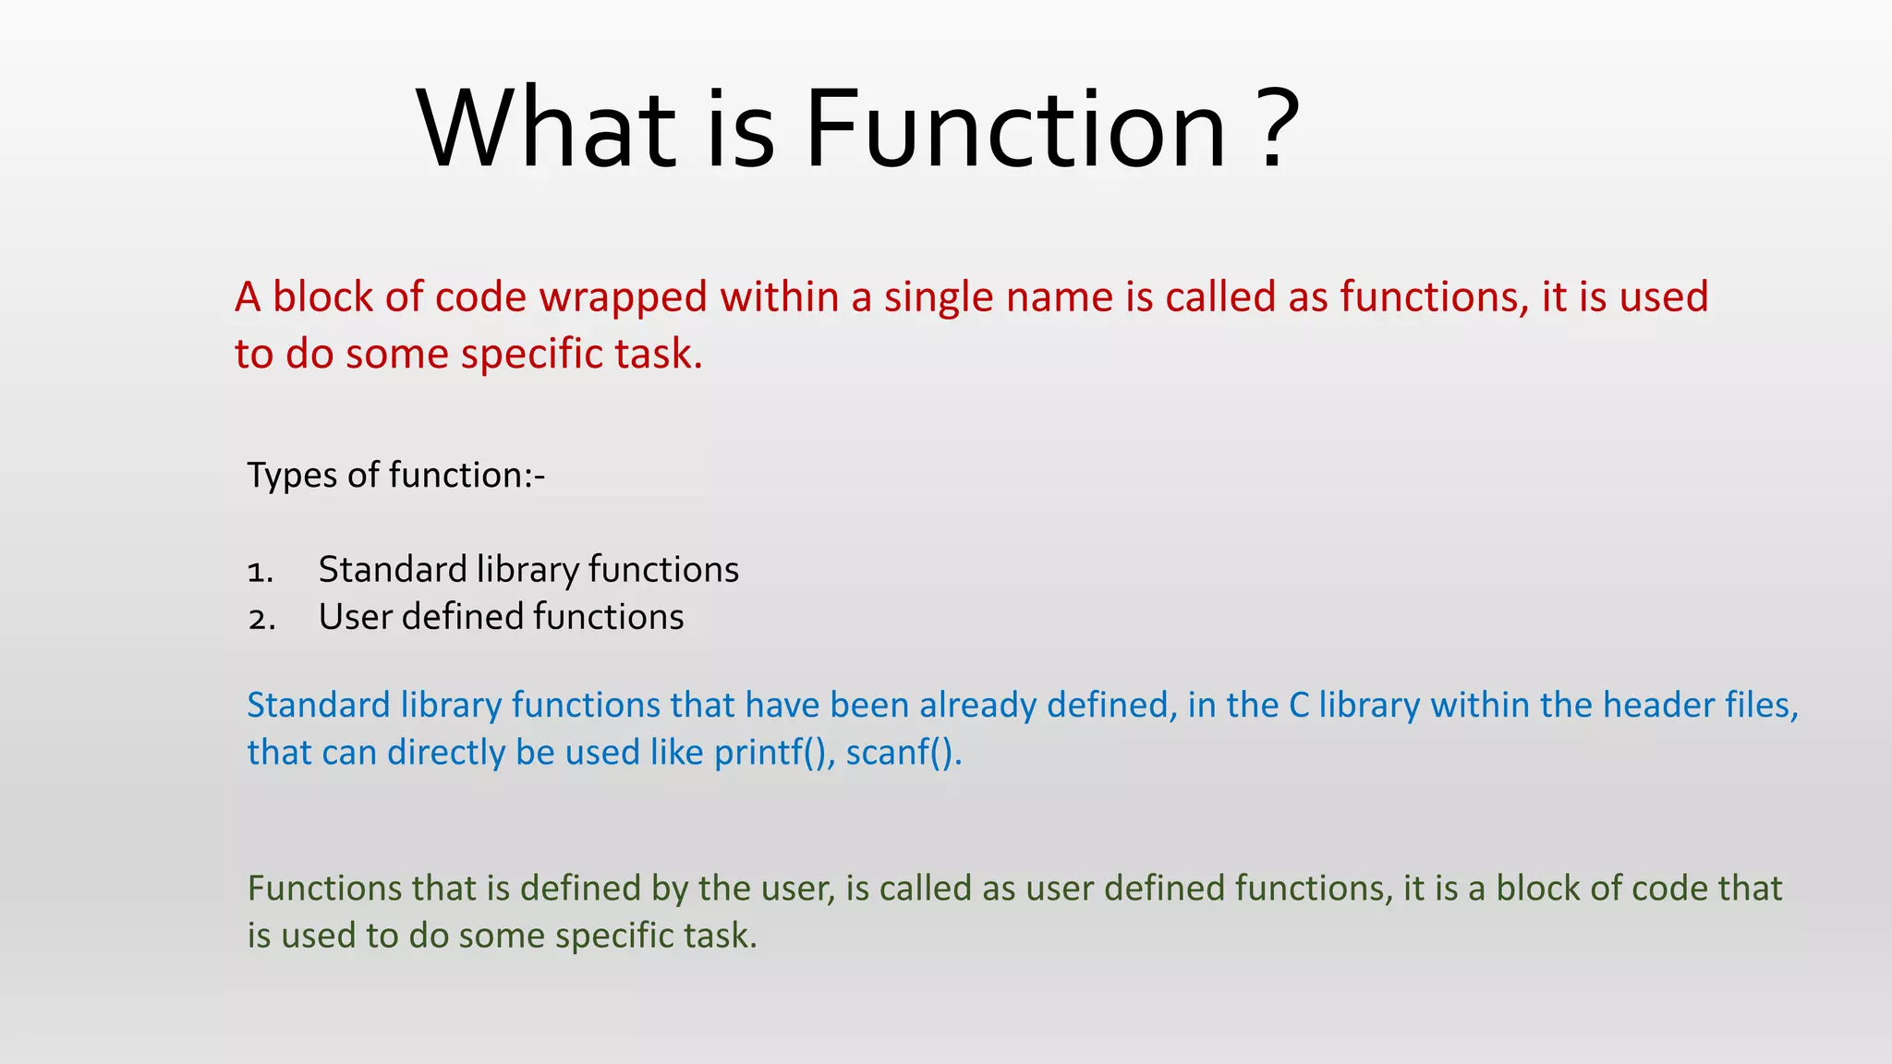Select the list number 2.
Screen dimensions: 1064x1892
(x=261, y=619)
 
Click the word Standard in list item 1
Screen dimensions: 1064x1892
(x=393, y=570)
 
